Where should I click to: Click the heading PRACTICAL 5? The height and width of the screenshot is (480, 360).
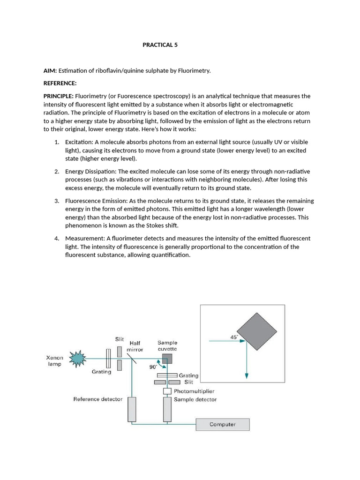coord(160,45)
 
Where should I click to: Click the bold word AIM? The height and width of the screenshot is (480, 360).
coord(50,70)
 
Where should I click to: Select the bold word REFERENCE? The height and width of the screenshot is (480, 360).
coord(60,83)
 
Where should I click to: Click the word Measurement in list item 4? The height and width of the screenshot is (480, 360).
coord(83,238)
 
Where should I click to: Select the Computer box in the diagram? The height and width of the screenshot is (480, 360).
coord(223,424)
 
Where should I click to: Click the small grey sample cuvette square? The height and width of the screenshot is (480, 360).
coord(167,359)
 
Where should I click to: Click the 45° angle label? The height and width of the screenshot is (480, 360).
coord(233,337)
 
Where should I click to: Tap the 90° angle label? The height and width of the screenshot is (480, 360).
coord(153,367)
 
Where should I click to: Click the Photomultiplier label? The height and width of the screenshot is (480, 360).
coord(194,391)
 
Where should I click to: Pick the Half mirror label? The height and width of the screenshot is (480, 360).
coord(135,346)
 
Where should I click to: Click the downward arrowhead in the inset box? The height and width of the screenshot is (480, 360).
coord(247,375)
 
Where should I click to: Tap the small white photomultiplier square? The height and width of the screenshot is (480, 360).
coord(167,390)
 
